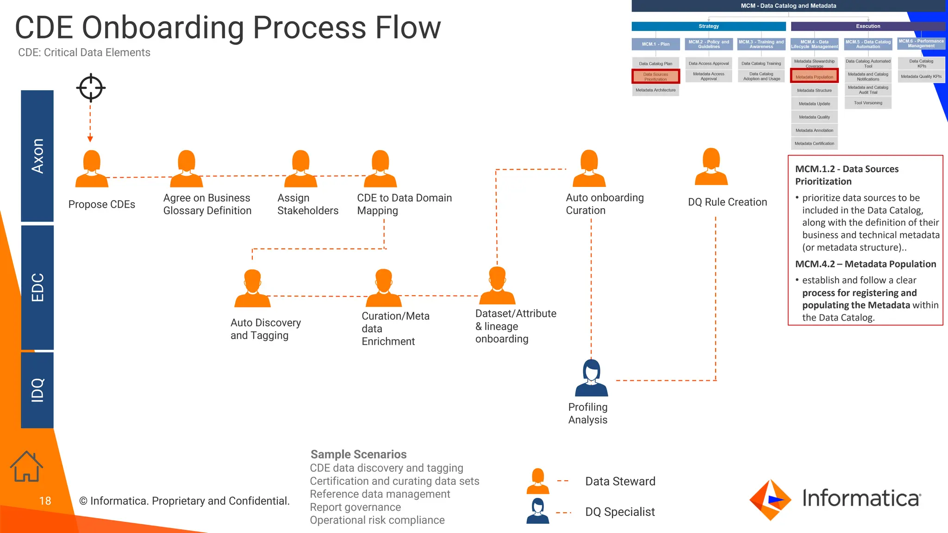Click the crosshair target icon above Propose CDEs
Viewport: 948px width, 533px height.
pos(91,87)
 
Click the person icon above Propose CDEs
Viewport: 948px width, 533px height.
pos(92,169)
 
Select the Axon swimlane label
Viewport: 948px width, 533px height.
pos(37,156)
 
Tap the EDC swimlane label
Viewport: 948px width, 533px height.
pos(37,287)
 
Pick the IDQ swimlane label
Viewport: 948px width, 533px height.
pos(37,390)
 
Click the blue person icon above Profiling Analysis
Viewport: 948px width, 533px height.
pos(591,378)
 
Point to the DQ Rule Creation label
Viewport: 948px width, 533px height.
pos(727,202)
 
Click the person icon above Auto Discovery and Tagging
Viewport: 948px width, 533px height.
pos(252,289)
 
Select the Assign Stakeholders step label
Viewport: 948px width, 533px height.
pos(307,204)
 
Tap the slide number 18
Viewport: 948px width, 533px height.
pos(45,501)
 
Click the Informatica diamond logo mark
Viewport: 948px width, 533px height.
pos(770,500)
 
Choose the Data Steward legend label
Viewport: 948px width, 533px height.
pos(620,481)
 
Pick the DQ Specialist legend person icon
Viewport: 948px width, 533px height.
pos(537,511)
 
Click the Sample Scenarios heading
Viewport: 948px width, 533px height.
pos(358,454)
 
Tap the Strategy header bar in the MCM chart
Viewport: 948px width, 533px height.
pos(708,26)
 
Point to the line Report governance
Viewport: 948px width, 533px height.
pos(355,507)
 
